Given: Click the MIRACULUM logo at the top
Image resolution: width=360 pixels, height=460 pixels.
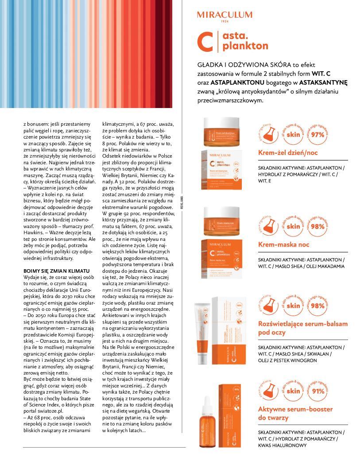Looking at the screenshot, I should (x=225, y=15).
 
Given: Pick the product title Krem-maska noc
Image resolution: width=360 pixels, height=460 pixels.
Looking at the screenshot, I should (x=283, y=244).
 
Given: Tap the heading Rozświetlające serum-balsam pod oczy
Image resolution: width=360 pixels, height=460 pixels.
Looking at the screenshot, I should (x=302, y=328).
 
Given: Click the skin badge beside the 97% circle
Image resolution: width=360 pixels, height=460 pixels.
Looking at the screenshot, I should (x=293, y=135).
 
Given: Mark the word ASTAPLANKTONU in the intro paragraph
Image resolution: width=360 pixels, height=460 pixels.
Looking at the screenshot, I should (x=232, y=82).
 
